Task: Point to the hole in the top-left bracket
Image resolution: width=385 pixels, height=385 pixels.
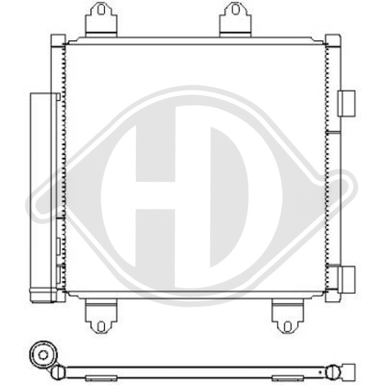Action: [x=102, y=12]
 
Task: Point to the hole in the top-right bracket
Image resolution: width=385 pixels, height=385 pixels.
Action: [x=235, y=12]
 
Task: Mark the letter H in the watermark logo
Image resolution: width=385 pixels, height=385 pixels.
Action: [x=155, y=195]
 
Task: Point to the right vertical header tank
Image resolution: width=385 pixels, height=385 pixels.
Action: [x=333, y=166]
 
